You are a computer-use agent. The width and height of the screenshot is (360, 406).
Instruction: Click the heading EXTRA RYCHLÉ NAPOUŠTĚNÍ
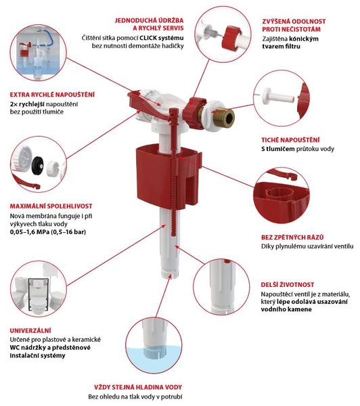(x=52, y=95)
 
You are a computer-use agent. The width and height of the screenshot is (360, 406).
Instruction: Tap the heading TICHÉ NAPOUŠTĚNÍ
(x=290, y=140)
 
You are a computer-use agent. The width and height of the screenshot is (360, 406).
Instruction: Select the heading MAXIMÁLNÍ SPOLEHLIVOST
(x=51, y=206)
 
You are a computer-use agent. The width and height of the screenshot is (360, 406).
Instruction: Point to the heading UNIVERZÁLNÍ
(x=30, y=331)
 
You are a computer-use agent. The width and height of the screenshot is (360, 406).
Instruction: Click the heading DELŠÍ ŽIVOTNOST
(x=288, y=285)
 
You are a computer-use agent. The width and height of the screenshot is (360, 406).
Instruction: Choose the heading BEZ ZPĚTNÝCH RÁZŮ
(x=292, y=238)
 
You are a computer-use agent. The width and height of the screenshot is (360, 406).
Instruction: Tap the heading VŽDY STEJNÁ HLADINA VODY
(x=138, y=387)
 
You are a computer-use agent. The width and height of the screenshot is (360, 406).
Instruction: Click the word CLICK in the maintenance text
(x=148, y=38)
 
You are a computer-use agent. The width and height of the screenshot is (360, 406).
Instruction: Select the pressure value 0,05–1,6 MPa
(x=28, y=231)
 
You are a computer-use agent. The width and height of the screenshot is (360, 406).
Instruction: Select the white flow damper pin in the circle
(x=277, y=97)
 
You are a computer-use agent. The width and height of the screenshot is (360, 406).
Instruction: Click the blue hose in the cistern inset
(x=49, y=38)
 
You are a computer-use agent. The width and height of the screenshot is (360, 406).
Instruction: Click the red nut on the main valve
(x=195, y=113)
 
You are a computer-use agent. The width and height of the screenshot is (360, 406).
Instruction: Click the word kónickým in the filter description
(x=304, y=39)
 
